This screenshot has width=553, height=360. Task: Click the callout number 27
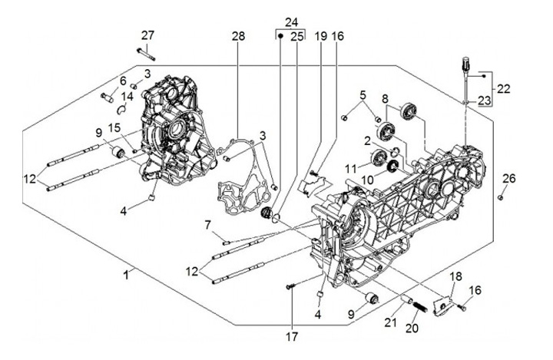[147, 35]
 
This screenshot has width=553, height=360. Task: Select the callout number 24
[290, 21]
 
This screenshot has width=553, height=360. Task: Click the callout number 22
[502, 89]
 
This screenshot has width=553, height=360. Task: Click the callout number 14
[128, 97]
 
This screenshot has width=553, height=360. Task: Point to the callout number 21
[392, 322]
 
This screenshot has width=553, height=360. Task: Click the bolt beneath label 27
[146, 52]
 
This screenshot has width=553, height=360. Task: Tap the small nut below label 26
[500, 197]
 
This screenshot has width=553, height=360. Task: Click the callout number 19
[321, 36]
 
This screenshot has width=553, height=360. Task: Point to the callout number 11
[349, 167]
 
